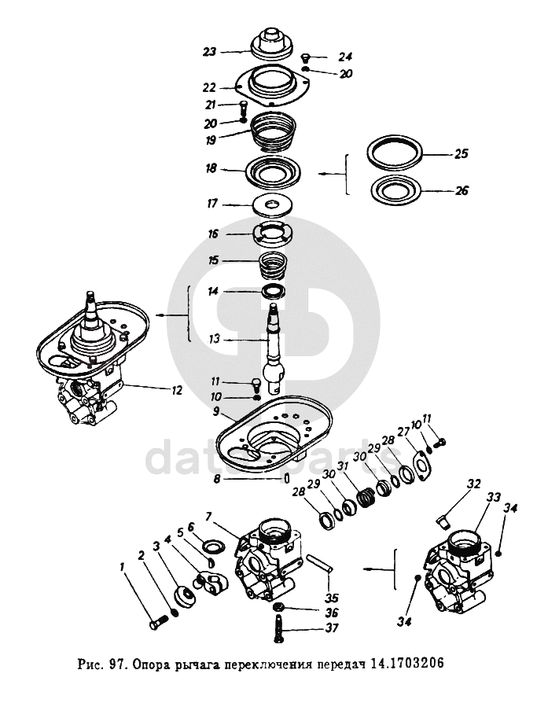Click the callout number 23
tap(208, 53)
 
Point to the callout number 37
tap(333, 628)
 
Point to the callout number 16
tap(213, 234)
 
